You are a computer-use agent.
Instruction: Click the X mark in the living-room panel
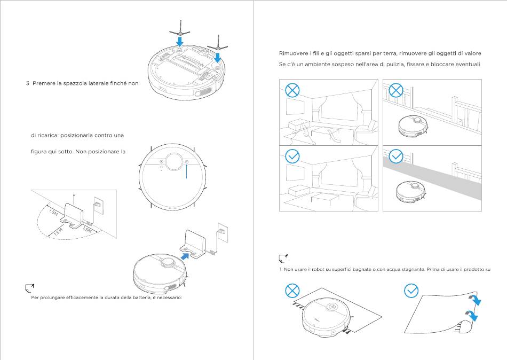coord(292,90)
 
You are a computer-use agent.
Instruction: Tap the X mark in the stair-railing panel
coord(395,90)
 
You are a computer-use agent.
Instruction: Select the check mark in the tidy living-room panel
coord(292,156)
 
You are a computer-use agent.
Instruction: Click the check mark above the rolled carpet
coord(411,291)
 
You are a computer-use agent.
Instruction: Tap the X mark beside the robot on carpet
coord(291,291)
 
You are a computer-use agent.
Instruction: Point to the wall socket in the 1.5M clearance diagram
coord(98,204)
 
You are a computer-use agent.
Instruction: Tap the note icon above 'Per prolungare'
coord(30,288)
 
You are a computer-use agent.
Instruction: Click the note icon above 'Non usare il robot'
coord(284,259)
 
